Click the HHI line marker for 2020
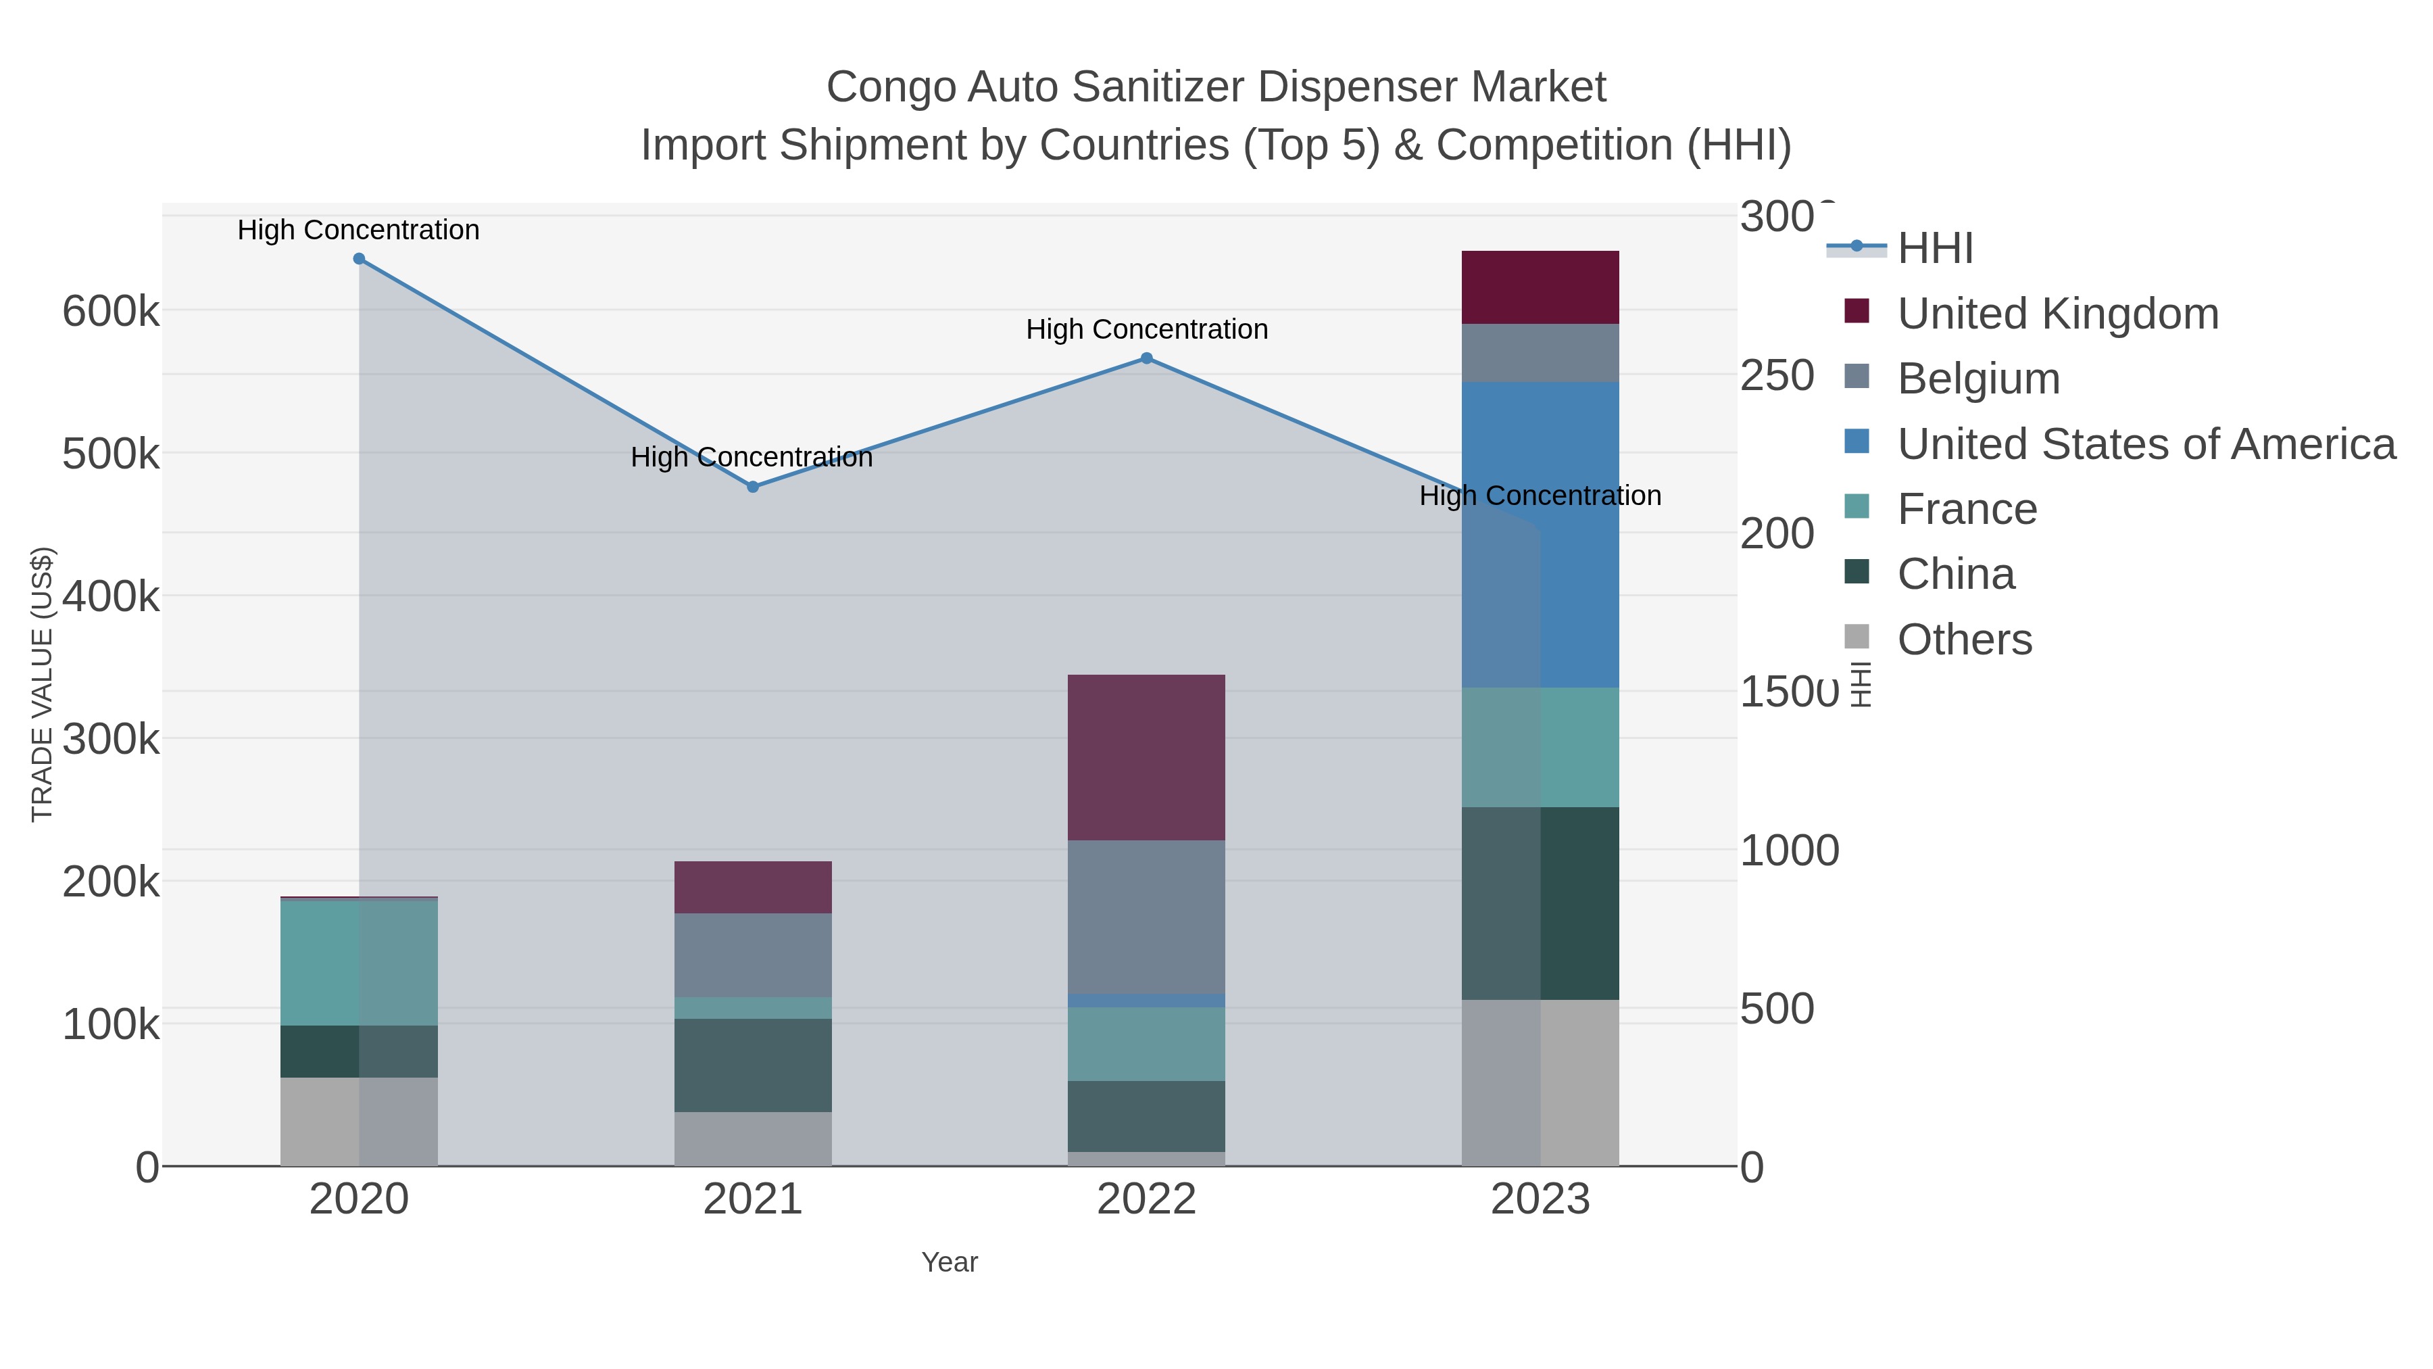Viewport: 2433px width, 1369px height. (359, 259)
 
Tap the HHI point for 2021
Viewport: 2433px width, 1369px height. (753, 487)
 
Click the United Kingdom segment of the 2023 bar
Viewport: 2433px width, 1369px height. (1540, 287)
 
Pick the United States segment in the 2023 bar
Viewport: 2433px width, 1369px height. (1540, 534)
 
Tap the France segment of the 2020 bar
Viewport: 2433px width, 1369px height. (359, 963)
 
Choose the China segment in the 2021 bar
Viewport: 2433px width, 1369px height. (753, 1065)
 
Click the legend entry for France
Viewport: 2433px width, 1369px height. (1967, 509)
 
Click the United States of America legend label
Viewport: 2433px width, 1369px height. (2146, 444)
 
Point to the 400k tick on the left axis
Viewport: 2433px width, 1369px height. (111, 596)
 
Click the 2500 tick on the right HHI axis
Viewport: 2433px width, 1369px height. (1777, 375)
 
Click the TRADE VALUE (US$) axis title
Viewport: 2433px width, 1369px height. (43, 684)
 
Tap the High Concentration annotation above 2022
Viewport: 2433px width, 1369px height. (1147, 330)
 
